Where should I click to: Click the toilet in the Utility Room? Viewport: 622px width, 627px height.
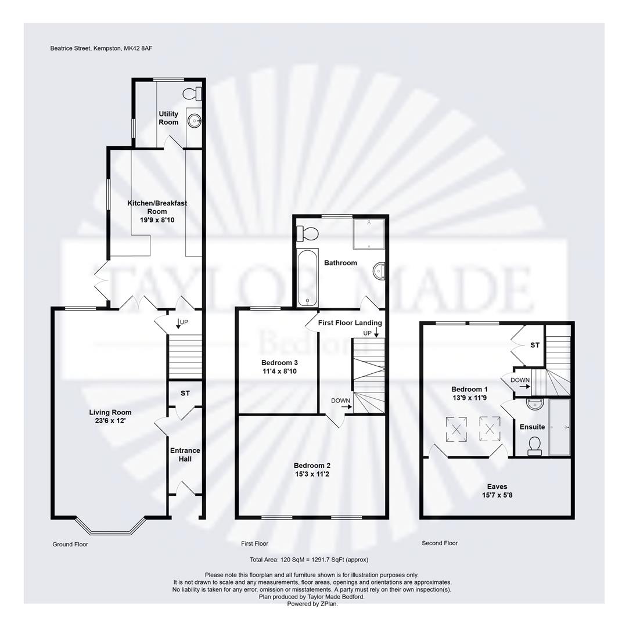192,93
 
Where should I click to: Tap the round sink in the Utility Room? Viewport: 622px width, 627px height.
195,121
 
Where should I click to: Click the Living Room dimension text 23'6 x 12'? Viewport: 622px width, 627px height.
110,421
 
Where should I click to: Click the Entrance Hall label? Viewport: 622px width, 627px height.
185,455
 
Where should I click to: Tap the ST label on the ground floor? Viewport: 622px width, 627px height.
185,393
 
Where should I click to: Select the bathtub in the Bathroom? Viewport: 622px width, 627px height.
307,278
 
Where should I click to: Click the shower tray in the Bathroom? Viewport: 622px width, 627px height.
368,232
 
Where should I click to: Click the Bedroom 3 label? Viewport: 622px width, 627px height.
279,363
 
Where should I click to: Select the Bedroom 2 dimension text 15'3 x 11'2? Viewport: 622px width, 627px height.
312,474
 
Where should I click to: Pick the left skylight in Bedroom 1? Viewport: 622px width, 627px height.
456,430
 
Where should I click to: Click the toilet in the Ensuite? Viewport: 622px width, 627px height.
534,445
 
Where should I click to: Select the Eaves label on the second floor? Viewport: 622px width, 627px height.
497,487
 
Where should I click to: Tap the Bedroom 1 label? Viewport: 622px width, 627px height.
470,389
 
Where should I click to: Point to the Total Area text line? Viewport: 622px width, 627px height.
309,560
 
